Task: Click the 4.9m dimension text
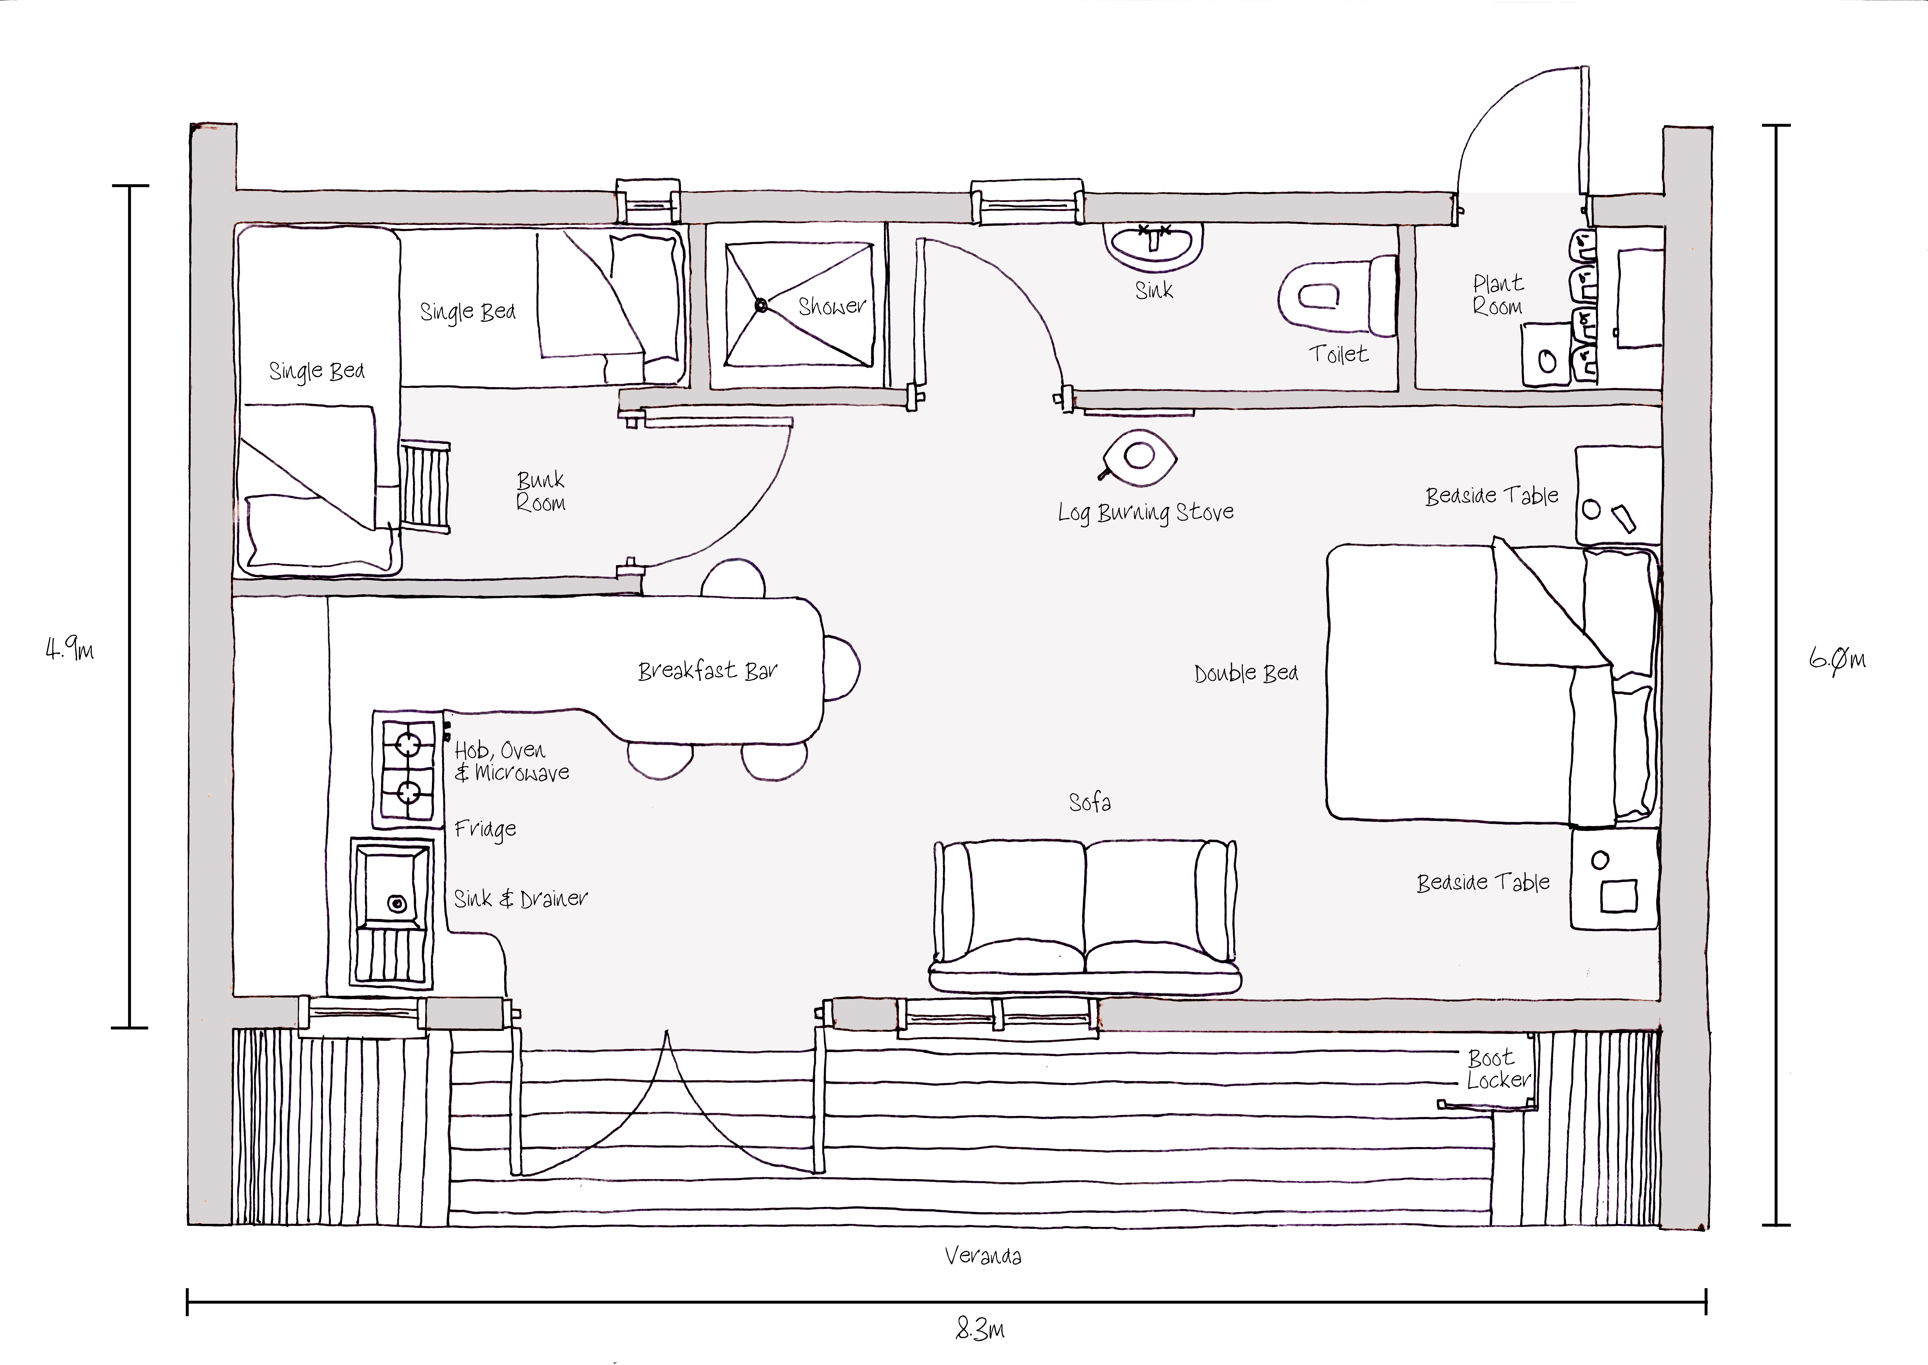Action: click(70, 649)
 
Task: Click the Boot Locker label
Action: click(1498, 1069)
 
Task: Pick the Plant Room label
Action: click(1498, 295)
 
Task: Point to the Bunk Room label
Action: click(540, 492)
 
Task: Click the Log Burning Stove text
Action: click(1145, 512)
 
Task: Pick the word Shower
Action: click(831, 306)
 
